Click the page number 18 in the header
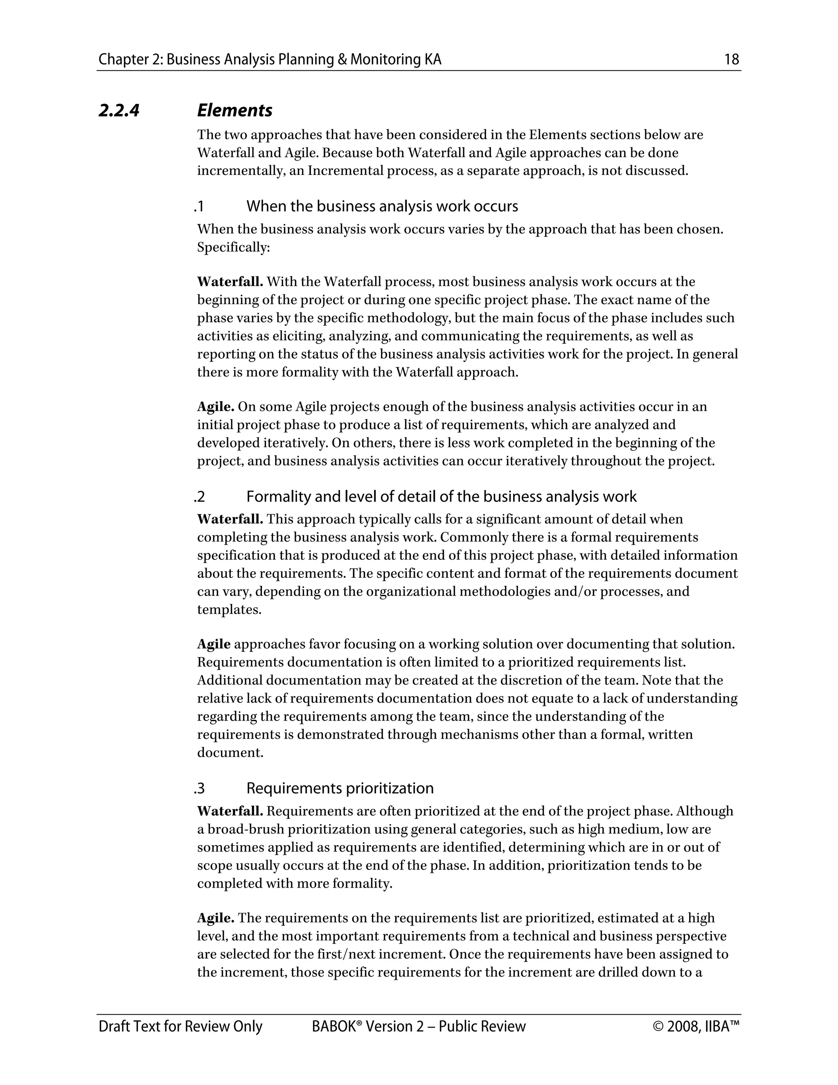point(731,60)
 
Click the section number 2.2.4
point(119,110)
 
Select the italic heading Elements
point(234,110)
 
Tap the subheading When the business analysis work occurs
point(382,206)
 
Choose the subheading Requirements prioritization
point(340,789)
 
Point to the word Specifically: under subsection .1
point(233,247)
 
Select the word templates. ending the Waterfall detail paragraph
point(229,610)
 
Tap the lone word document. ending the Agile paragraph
point(230,753)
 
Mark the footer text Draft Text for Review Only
point(180,1026)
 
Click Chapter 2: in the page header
point(131,60)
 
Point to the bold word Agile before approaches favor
point(214,644)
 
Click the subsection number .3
point(200,789)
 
